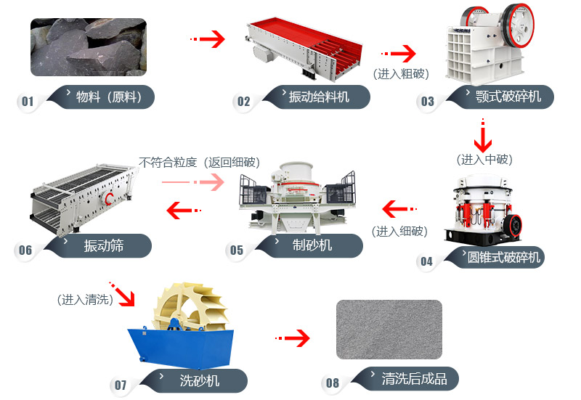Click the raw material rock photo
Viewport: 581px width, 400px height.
pos(88,47)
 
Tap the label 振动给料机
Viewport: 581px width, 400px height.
pos(319,97)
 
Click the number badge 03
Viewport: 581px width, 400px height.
pos(428,101)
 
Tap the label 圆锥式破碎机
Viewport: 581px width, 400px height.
pos(503,257)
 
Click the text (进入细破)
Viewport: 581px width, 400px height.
pos(400,231)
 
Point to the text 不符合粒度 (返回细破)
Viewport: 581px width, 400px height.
pos(199,162)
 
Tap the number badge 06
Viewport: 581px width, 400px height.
pos(25,250)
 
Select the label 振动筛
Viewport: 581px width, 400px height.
pos(104,246)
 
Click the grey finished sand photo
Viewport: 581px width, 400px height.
pos(389,329)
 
